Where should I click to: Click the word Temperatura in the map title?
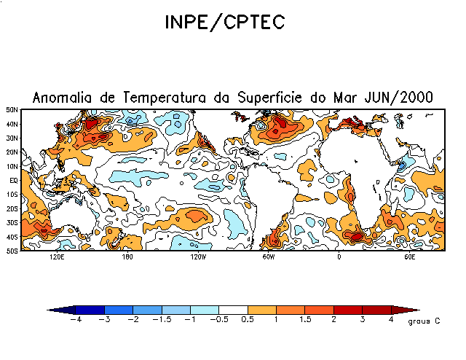pos(170,98)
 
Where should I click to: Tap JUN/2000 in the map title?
pos(400,98)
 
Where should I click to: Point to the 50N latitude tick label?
pos(12,109)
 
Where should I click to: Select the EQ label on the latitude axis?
pos(13,180)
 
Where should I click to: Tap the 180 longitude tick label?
pos(127,257)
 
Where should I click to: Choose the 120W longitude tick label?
pos(198,257)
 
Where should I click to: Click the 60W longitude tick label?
pos(268,257)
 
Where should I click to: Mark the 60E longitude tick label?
pos(409,257)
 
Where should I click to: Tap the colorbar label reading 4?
pos(391,320)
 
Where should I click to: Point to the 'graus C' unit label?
pos(419,321)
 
